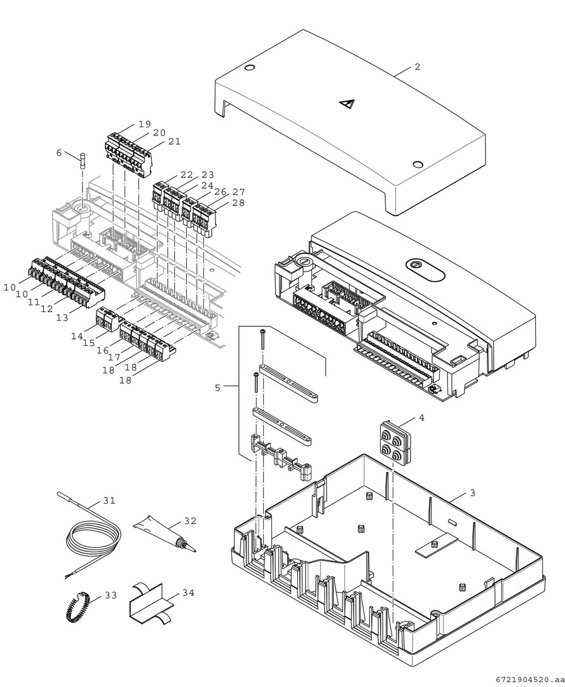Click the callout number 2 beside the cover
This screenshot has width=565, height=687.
417,67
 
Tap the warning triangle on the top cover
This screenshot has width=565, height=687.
346,105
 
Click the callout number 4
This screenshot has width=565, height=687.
421,418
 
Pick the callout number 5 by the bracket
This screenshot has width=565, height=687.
217,387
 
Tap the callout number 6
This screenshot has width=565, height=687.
59,153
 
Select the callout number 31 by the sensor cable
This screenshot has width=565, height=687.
109,501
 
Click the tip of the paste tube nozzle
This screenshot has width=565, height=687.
193,549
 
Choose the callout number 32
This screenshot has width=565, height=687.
190,520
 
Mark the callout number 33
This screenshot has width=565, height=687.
111,595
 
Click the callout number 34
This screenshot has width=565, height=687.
188,593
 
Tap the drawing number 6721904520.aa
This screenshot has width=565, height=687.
528,679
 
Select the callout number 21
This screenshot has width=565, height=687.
174,141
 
